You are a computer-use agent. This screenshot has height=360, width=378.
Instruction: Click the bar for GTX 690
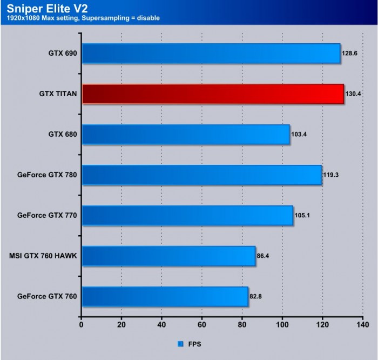(211, 54)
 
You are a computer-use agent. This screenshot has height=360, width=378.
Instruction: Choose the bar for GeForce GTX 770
(187, 216)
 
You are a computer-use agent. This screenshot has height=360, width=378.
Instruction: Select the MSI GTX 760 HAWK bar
(168, 256)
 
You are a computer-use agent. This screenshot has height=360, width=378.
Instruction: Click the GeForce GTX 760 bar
(165, 296)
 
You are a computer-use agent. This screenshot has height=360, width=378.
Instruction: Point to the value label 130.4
(353, 94)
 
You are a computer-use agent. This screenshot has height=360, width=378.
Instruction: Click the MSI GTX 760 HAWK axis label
(43, 256)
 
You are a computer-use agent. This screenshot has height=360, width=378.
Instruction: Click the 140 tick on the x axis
(362, 325)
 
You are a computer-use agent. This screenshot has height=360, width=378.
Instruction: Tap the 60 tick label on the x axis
(202, 325)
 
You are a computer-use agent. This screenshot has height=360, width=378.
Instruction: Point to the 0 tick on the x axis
(81, 325)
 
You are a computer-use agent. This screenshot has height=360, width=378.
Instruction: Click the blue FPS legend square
(180, 343)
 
